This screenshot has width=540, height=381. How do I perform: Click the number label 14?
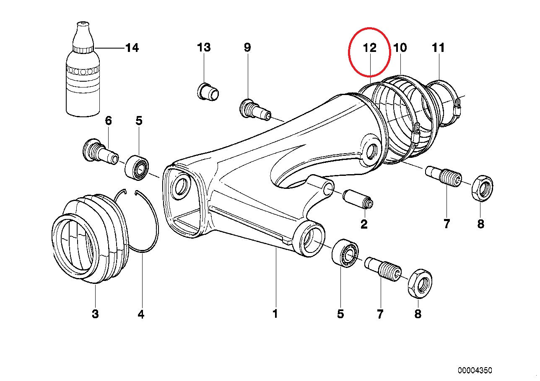[132, 48]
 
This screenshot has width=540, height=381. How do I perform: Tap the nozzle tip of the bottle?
[83, 25]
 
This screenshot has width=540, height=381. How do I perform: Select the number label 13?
[204, 47]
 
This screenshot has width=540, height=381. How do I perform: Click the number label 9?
[247, 47]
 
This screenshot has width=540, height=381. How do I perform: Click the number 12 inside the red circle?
[370, 48]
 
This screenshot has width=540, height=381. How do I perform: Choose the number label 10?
[400, 48]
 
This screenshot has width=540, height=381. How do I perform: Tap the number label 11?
[438, 48]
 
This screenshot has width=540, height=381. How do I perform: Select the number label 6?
[108, 121]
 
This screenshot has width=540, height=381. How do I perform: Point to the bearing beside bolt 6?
[137, 167]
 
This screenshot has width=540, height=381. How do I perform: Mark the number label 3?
[95, 314]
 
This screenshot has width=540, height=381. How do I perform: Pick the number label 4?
[141, 314]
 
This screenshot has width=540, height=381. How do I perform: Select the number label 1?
[275, 314]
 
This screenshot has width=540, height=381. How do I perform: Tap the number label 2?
[363, 224]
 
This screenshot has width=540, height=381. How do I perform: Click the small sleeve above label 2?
[358, 199]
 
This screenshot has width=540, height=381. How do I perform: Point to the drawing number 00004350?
[475, 371]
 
